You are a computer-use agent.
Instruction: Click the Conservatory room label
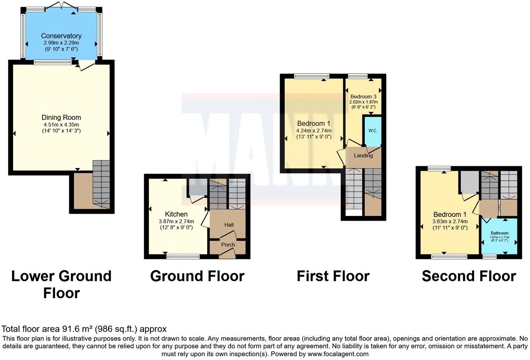tap(61, 36)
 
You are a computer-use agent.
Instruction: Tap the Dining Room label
tap(61, 118)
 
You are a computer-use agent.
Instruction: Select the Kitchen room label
tap(176, 214)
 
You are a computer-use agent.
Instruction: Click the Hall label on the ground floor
tap(229, 225)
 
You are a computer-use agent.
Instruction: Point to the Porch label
tap(228, 245)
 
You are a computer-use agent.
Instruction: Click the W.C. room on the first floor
tap(373, 131)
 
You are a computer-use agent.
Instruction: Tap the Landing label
tap(363, 156)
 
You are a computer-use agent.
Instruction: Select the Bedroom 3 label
tap(363, 97)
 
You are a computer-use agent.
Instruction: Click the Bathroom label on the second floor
tap(499, 233)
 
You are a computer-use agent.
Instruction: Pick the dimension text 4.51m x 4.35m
tap(61, 125)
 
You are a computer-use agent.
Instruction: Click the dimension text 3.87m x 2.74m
tap(176, 221)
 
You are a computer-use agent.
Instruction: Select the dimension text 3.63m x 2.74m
tap(450, 221)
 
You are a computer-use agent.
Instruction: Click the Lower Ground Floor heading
tap(61, 284)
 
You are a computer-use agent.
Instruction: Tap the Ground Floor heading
tap(197, 276)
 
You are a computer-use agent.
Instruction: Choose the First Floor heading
tap(333, 276)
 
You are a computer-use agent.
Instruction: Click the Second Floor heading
tap(469, 276)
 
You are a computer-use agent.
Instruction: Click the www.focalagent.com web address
tap(338, 354)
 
